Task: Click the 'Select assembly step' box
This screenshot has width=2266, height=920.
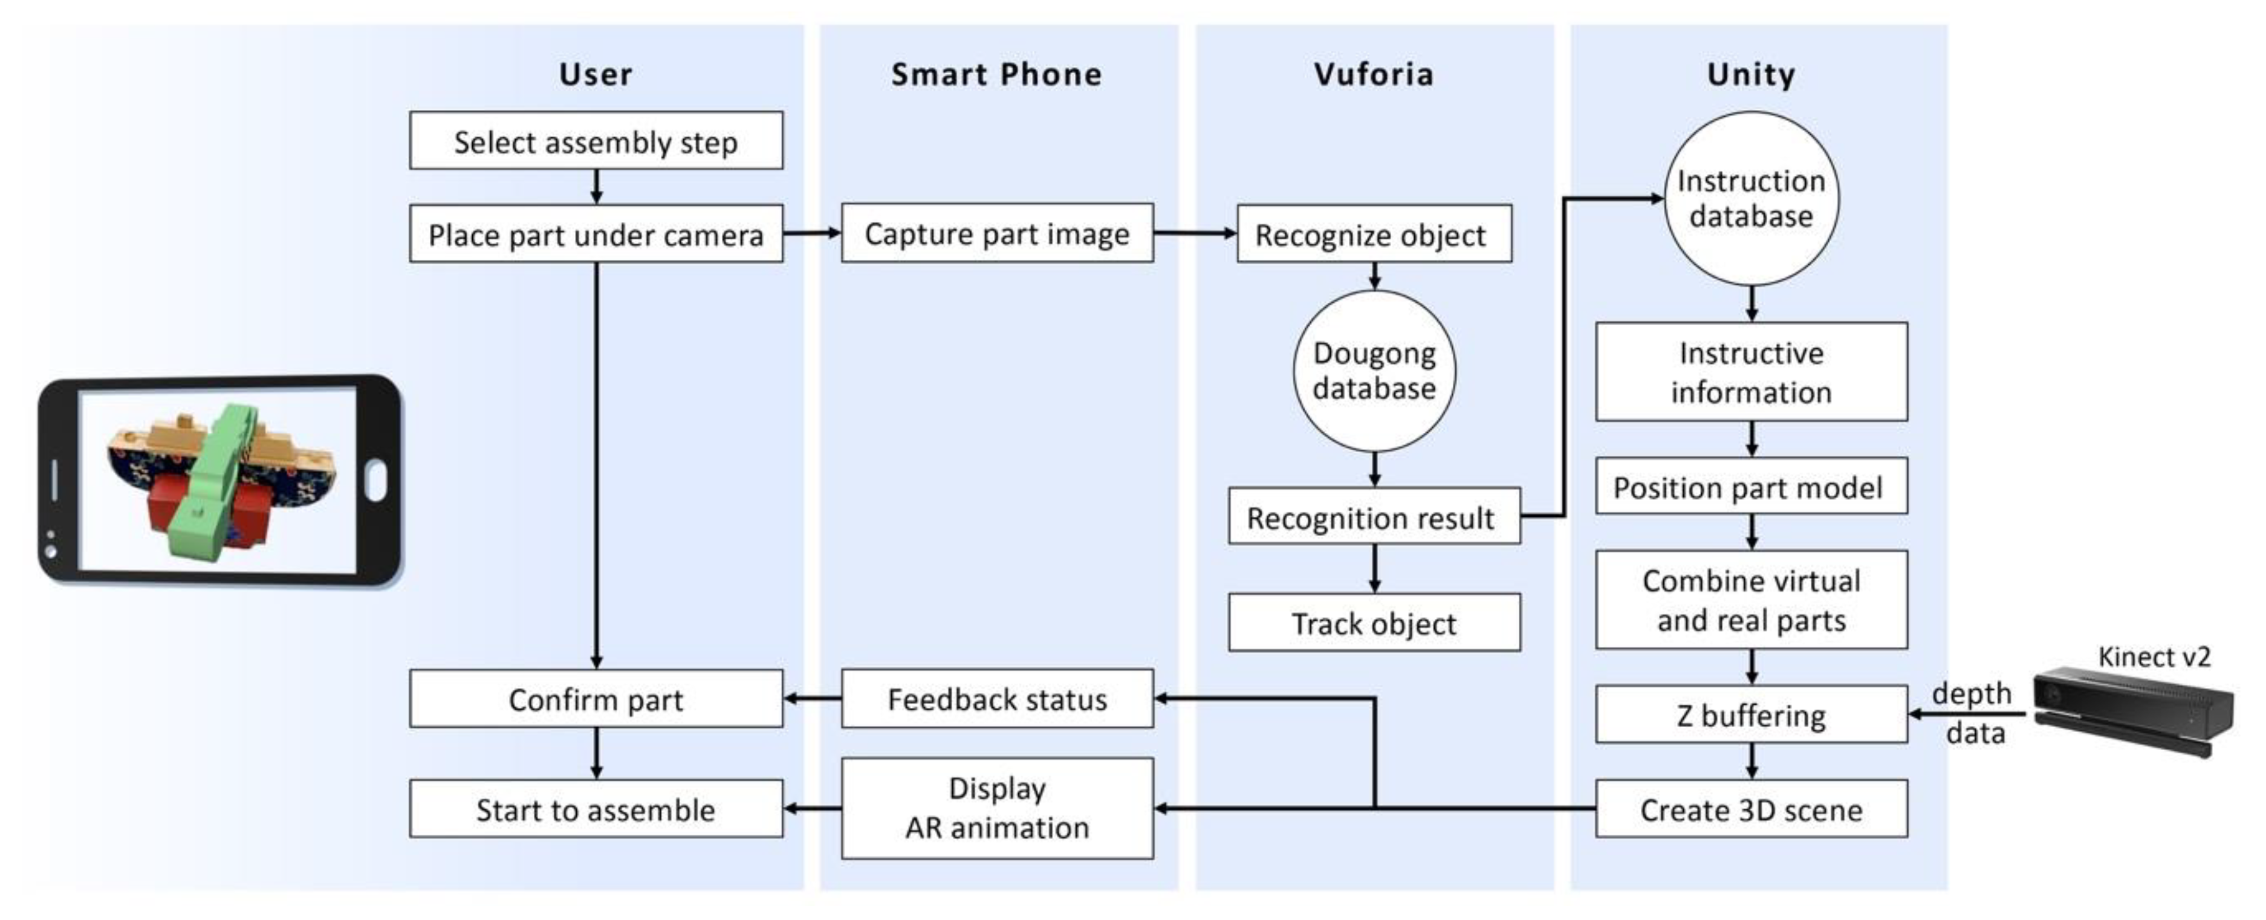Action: pyautogui.click(x=596, y=141)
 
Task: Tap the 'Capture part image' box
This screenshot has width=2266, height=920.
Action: pyautogui.click(x=996, y=233)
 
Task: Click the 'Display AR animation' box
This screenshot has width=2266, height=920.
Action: pyautogui.click(x=996, y=808)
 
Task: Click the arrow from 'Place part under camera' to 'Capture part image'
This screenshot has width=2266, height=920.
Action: pyautogui.click(x=811, y=233)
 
